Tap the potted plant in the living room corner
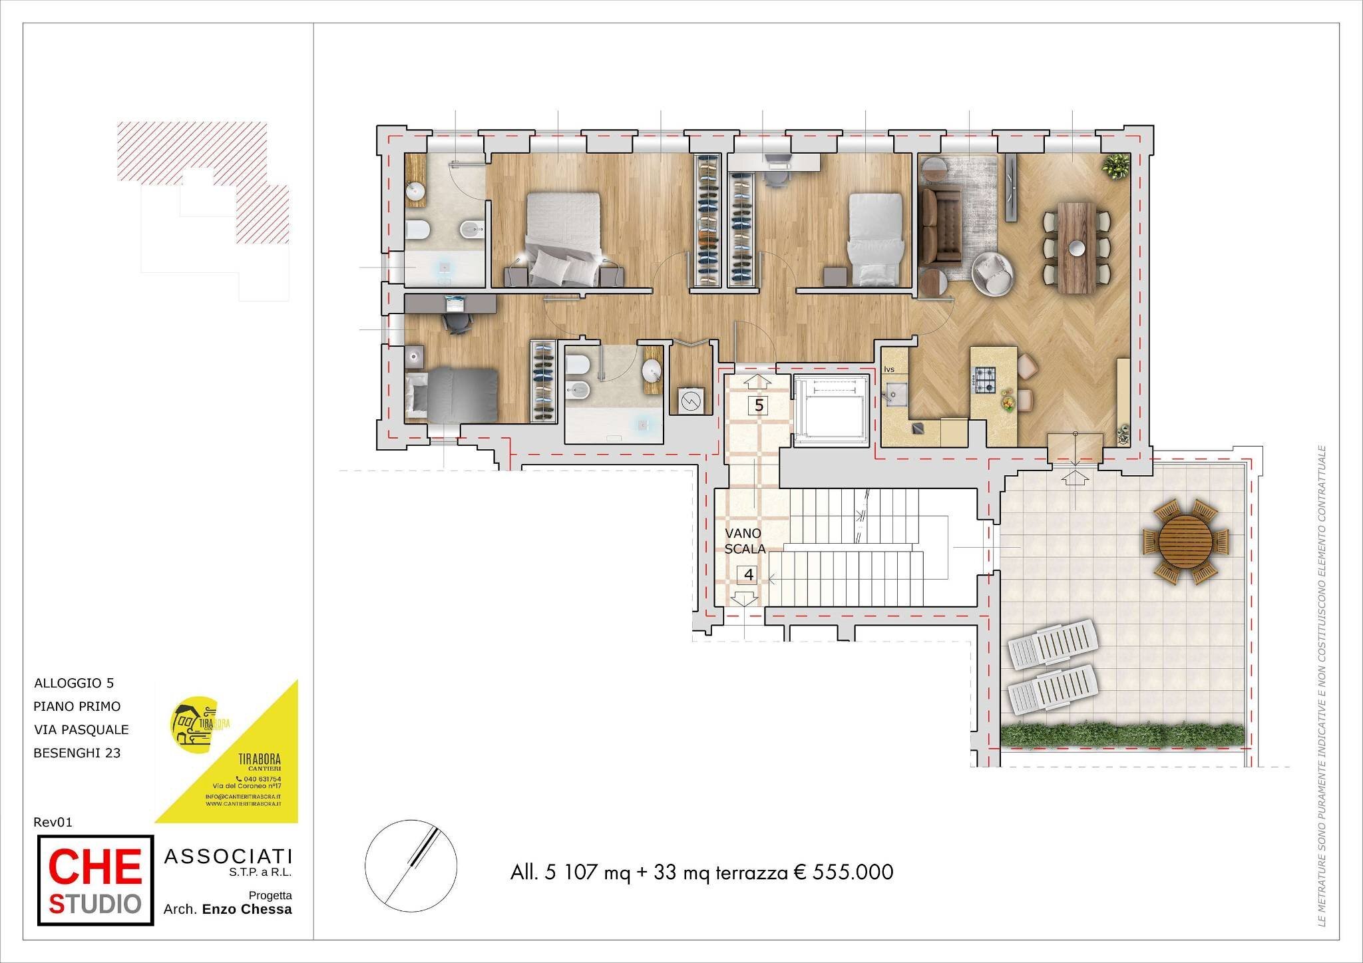pyautogui.click(x=1115, y=166)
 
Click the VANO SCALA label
pyautogui.click(x=744, y=541)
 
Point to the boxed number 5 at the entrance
pyautogui.click(x=759, y=405)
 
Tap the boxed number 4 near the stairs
pyautogui.click(x=749, y=574)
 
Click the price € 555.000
pyautogui.click(x=843, y=872)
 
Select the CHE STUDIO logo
pyautogui.click(x=95, y=880)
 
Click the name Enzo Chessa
pyautogui.click(x=247, y=909)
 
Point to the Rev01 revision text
pyautogui.click(x=53, y=822)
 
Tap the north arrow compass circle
pyautogui.click(x=411, y=865)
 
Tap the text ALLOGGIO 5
pyautogui.click(x=74, y=683)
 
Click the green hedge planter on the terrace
pyautogui.click(x=1122, y=735)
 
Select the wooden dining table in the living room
pyautogui.click(x=1076, y=247)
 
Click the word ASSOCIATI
pyautogui.click(x=228, y=857)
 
